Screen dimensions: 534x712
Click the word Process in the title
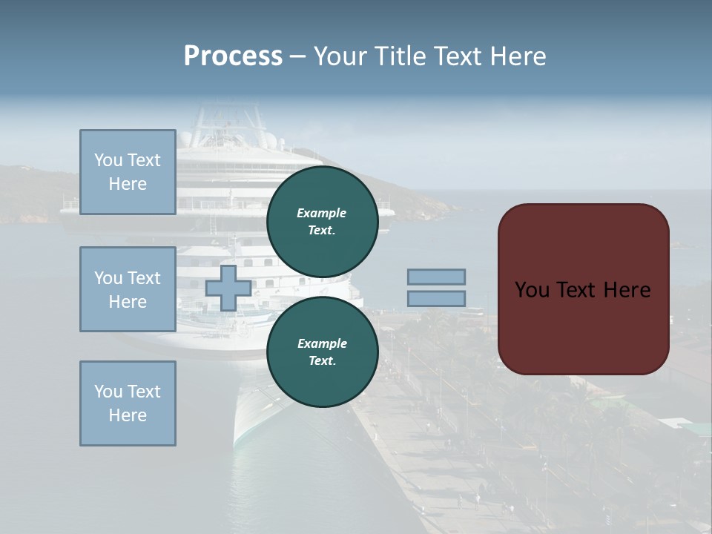(233, 56)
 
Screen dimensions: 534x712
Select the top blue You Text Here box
(128, 172)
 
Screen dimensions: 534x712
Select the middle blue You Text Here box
(128, 289)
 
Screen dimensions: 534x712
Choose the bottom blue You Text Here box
(128, 403)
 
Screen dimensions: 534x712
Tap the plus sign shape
(228, 289)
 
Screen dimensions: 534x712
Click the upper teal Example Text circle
(322, 221)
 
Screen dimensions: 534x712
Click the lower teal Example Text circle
(322, 352)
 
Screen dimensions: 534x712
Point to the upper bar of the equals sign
(436, 277)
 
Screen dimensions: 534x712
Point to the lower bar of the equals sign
(436, 299)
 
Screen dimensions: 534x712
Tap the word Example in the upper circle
(322, 213)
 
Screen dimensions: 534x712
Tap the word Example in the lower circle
(322, 343)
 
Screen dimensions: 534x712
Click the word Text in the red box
(583, 289)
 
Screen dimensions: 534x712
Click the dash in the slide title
(297, 57)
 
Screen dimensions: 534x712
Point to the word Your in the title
(340, 56)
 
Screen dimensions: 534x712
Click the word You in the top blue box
(108, 160)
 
